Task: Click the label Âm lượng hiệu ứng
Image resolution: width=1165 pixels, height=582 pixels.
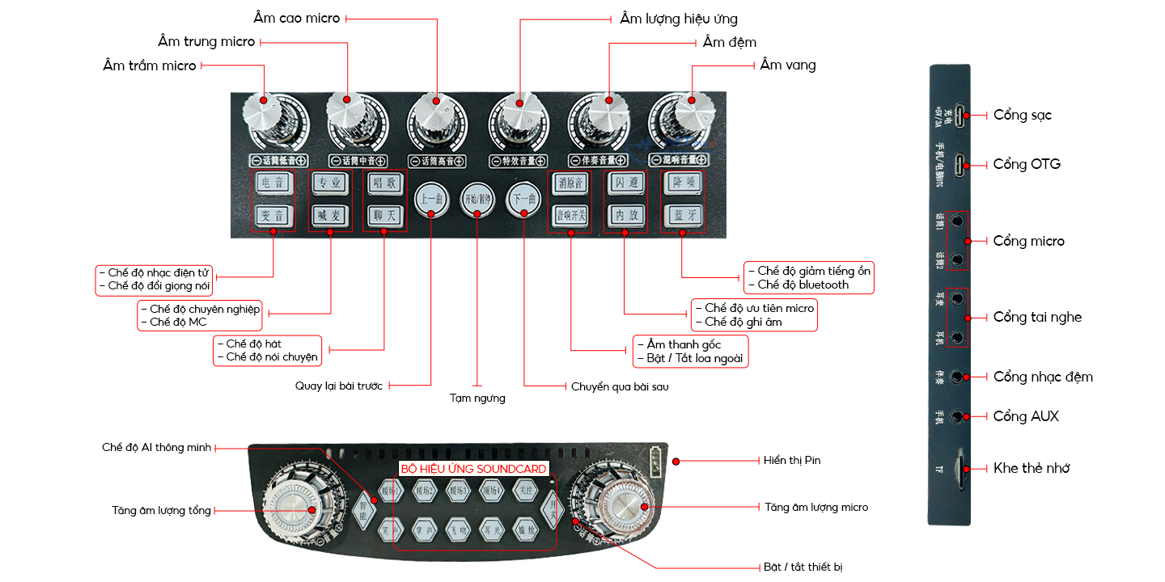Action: click(679, 19)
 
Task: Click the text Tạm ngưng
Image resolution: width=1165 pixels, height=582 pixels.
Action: click(477, 398)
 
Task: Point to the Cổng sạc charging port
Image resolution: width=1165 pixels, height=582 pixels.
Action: click(960, 116)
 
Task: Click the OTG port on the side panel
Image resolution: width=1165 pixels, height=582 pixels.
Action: click(960, 165)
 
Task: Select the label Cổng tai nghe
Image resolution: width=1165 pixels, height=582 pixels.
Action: click(1037, 317)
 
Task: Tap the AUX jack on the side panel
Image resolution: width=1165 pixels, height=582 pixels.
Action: click(959, 416)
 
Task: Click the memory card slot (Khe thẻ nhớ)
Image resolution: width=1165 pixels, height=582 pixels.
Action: click(960, 468)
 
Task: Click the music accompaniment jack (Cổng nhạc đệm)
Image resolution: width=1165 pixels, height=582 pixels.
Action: click(959, 377)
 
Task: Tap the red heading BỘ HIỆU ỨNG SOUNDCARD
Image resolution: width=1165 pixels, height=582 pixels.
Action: click(474, 469)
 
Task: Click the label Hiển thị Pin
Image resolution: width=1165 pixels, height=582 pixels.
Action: click(792, 460)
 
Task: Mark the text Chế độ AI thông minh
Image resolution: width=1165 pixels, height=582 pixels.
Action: click(156, 447)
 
